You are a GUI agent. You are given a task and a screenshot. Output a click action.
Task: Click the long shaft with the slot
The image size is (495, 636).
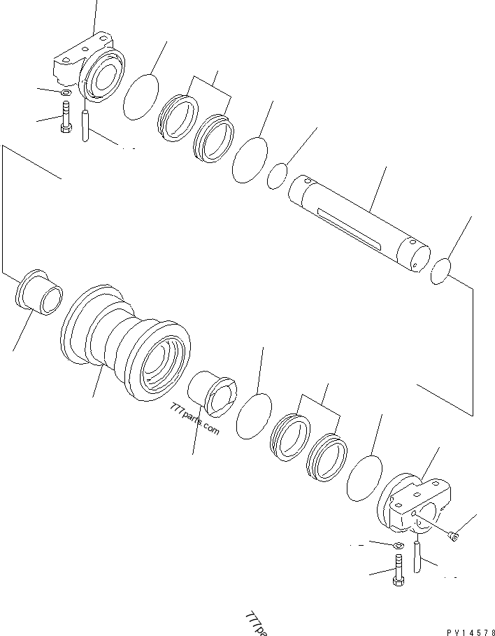click(x=360, y=221)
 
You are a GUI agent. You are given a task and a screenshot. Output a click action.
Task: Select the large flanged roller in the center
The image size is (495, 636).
click(x=126, y=343)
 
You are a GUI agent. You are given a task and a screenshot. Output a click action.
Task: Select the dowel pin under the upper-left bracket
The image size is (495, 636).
click(x=85, y=125)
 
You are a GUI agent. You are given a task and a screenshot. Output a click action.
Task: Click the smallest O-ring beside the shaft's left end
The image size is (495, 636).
click(x=278, y=176)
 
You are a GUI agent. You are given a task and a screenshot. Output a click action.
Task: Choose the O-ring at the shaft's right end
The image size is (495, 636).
click(x=442, y=271)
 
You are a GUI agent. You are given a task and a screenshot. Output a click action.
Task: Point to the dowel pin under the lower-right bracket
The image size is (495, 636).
click(x=417, y=557)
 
